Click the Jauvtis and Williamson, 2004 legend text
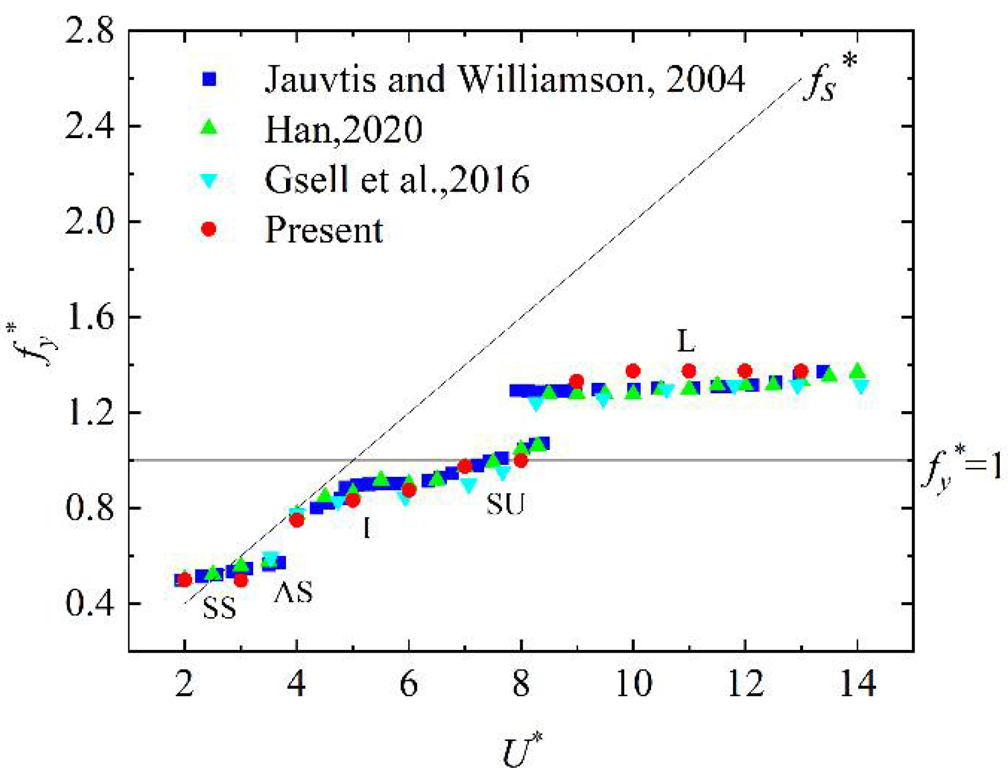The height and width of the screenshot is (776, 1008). (505, 79)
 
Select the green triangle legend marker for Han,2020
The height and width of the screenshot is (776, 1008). (209, 128)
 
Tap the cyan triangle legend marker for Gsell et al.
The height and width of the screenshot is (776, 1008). (209, 180)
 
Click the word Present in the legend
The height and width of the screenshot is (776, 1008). (324, 230)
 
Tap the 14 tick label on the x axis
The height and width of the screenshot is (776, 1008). (857, 683)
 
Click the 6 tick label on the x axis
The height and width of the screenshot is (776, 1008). (409, 683)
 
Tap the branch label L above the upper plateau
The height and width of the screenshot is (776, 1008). (685, 342)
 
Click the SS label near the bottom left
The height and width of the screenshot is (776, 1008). (219, 608)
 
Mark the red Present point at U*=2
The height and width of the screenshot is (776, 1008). (185, 580)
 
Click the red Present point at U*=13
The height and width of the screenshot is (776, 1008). (801, 371)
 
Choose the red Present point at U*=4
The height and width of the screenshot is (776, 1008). (297, 520)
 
